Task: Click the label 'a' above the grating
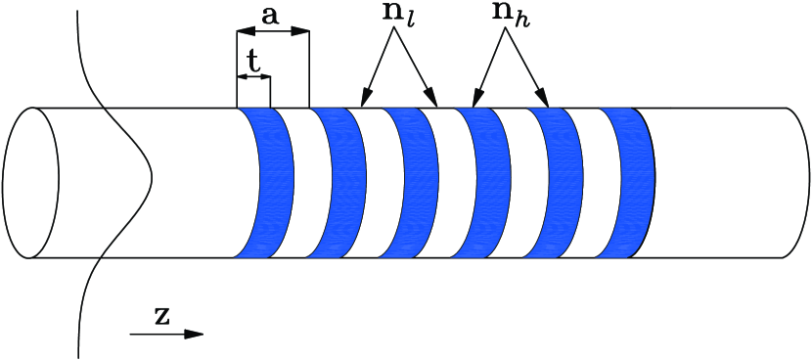point(273,17)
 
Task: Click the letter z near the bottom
point(162,316)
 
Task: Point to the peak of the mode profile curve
point(152,179)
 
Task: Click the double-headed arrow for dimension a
point(273,33)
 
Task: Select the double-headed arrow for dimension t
point(253,76)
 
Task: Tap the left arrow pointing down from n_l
point(377,67)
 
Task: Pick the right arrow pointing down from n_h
point(528,67)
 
